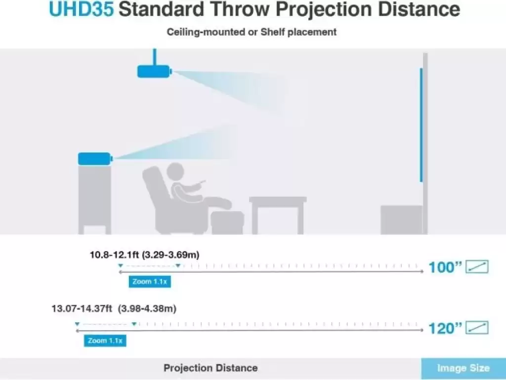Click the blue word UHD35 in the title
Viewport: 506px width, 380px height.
tap(82, 9)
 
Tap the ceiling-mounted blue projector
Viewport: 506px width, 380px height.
tap(154, 71)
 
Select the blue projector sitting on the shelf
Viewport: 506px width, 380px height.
tap(95, 159)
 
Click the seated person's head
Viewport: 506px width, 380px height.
tap(175, 171)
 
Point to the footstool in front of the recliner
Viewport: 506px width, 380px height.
tap(227, 222)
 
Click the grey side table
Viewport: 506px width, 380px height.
tap(278, 215)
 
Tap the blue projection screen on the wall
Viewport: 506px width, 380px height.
tap(421, 125)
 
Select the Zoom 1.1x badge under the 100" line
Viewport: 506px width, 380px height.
tap(150, 282)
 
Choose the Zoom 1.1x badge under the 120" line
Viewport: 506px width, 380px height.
tap(105, 340)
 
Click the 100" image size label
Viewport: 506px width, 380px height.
tap(445, 267)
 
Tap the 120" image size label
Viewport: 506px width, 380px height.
tap(445, 329)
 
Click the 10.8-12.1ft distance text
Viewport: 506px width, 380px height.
tap(114, 255)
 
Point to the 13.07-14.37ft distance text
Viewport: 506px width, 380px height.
tap(82, 309)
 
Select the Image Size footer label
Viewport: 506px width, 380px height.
tap(464, 368)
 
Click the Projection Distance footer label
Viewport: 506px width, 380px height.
tap(211, 368)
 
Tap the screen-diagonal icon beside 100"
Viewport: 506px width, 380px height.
tap(477, 267)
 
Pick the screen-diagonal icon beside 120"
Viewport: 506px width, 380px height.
tap(477, 328)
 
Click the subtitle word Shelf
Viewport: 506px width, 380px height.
tap(273, 32)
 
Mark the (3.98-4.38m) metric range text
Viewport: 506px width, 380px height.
tap(147, 309)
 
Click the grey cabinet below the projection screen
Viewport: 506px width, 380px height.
tap(401, 220)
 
